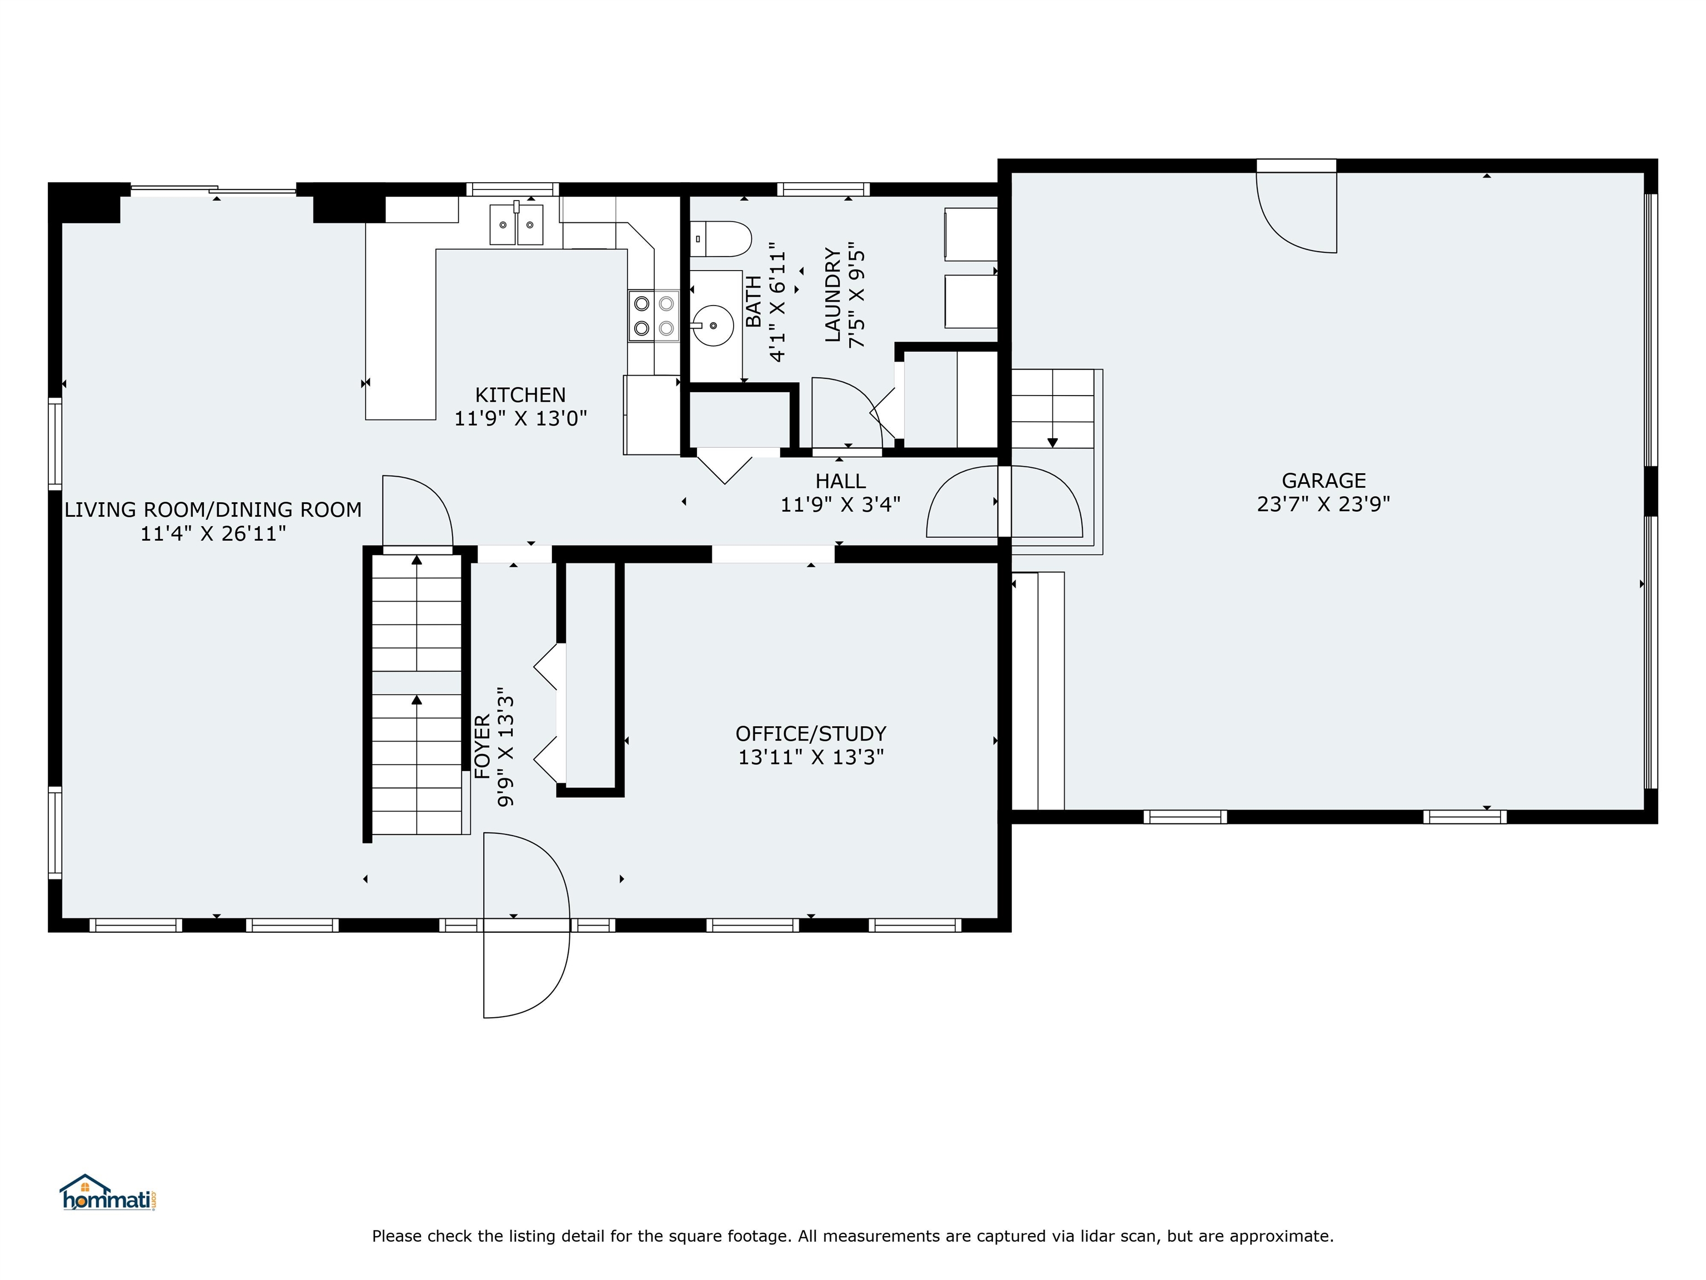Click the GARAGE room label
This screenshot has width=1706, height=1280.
[x=1323, y=481]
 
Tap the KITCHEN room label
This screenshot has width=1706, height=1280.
[x=520, y=395]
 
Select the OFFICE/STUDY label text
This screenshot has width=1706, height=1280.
[x=811, y=734]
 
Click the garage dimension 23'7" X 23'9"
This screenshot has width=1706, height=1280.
[x=1323, y=504]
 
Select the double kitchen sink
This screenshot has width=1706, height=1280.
[x=516, y=224]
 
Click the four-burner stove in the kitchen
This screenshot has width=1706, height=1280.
[x=653, y=316]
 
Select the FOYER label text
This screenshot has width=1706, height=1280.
[x=482, y=747]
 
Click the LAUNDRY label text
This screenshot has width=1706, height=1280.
[x=832, y=295]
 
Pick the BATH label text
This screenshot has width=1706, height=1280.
[x=754, y=302]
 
